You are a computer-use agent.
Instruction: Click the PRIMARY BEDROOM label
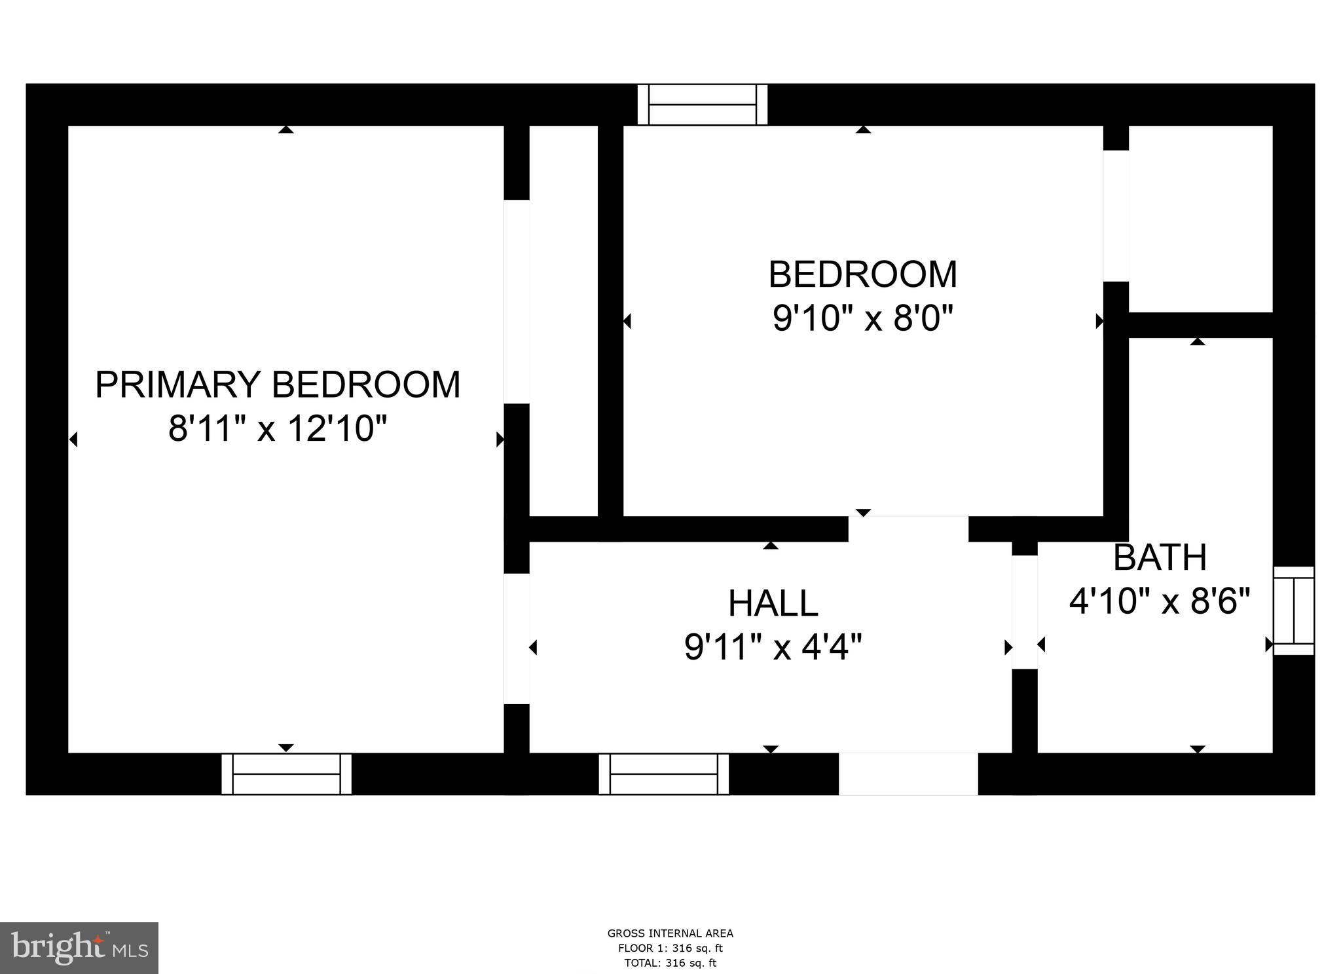click(278, 384)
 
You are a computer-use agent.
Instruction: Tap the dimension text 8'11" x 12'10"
click(278, 429)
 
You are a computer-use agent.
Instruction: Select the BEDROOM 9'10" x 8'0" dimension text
click(862, 319)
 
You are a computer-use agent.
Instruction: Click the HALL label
click(773, 603)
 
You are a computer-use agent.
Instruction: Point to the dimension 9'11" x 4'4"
click(773, 647)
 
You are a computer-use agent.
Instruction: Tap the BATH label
click(1160, 557)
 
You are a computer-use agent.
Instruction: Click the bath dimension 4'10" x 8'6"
click(1160, 601)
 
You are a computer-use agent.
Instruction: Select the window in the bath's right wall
click(1294, 610)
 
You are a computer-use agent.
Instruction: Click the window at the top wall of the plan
click(702, 104)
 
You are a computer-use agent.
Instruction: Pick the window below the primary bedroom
click(286, 774)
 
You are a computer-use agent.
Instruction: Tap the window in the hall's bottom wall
click(663, 774)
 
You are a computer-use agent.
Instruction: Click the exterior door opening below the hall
click(908, 774)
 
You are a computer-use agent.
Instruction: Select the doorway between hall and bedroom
click(908, 529)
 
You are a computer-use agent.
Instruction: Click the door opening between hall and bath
click(1025, 612)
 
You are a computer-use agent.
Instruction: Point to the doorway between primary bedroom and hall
click(516, 639)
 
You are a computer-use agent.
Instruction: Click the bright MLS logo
click(79, 948)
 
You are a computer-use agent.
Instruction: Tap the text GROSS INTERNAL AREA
click(670, 933)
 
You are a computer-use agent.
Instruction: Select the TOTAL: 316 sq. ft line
click(670, 963)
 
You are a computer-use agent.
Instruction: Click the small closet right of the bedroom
click(1200, 218)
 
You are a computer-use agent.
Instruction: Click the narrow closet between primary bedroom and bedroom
click(563, 320)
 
